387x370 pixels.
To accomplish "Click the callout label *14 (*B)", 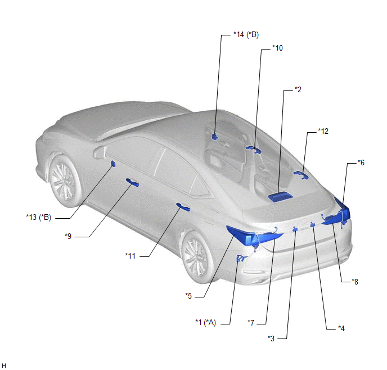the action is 246,35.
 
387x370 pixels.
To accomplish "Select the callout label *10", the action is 278,48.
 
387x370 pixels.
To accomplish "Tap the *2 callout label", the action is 298,89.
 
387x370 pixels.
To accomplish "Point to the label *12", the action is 323,131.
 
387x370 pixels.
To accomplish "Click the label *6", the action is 361,163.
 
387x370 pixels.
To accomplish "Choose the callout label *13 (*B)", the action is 39,217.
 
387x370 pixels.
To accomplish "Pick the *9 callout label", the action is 68,236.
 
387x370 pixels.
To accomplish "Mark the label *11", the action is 130,256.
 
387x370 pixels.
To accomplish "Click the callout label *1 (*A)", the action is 206,322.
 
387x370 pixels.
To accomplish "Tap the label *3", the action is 271,339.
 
